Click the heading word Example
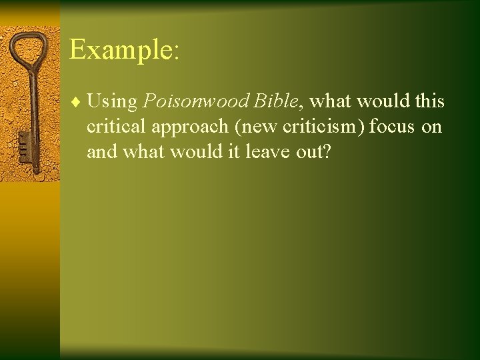[121, 50]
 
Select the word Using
[112, 102]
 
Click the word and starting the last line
[101, 152]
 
